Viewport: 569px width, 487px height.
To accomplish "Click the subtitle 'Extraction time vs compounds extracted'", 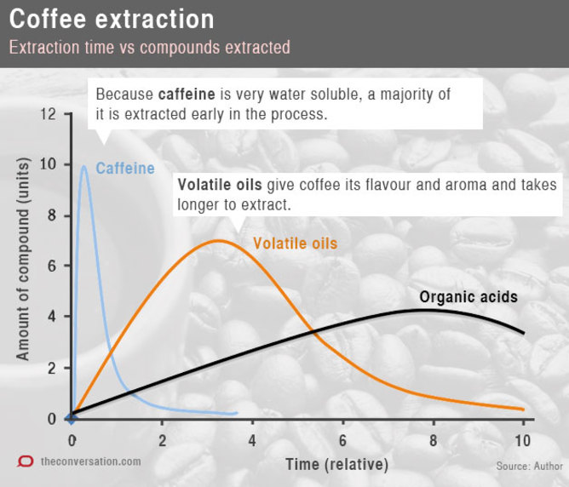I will pos(149,48).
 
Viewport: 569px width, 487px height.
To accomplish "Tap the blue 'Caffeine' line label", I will pos(124,169).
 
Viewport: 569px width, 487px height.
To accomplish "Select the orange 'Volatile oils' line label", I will pos(295,244).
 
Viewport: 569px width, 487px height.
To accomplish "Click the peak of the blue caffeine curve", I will pos(83,167).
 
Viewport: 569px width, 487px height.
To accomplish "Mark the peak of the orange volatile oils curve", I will pos(218,240).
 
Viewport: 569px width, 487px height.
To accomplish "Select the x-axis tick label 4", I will pos(252,440).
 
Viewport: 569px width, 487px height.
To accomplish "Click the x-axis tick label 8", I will pos(433,440).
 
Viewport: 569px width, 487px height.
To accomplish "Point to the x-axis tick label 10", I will pos(522,440).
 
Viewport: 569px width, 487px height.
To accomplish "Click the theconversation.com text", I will pos(91,461).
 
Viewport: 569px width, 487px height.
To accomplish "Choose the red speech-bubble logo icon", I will pos(26,461).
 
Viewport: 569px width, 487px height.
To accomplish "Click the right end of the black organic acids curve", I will pos(524,333).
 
